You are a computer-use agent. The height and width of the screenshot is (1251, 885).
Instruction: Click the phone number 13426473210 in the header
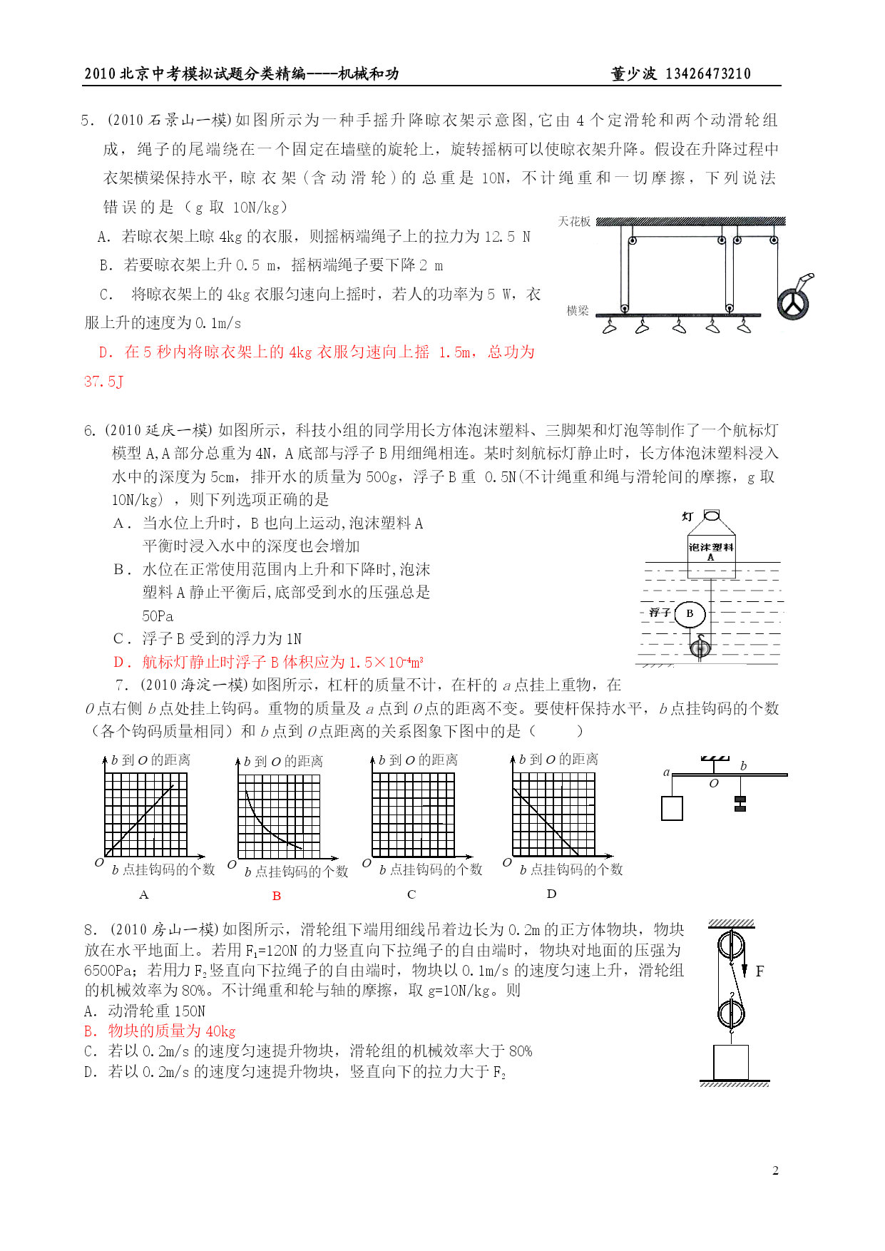[707, 74]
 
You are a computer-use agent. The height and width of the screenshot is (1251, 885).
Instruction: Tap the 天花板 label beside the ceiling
[574, 222]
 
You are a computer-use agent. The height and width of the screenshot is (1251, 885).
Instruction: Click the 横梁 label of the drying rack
[578, 311]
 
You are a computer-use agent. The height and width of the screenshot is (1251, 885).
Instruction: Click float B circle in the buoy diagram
[690, 613]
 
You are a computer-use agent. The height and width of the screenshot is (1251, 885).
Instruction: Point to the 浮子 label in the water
[660, 613]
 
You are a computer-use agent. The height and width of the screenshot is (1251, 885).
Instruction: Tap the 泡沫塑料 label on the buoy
[710, 547]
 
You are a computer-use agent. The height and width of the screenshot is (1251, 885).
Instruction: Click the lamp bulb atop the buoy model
[712, 515]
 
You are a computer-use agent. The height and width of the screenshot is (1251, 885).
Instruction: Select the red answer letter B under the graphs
[277, 896]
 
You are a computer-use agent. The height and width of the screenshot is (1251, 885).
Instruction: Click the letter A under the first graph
[144, 894]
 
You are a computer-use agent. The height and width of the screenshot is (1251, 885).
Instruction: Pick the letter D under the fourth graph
[551, 894]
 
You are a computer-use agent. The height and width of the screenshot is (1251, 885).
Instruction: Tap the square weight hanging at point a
[672, 808]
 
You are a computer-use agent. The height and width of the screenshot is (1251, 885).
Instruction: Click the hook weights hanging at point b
[740, 804]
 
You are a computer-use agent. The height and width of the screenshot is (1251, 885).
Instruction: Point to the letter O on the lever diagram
[714, 783]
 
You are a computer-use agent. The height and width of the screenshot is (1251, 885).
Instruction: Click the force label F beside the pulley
[759, 971]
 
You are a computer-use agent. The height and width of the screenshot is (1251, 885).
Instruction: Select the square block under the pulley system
[731, 1063]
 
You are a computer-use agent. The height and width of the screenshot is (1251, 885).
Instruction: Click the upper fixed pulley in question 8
[731, 946]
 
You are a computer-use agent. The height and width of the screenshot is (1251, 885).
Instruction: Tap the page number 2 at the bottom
[775, 1170]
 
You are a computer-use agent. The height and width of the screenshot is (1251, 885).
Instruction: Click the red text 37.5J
[103, 382]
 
